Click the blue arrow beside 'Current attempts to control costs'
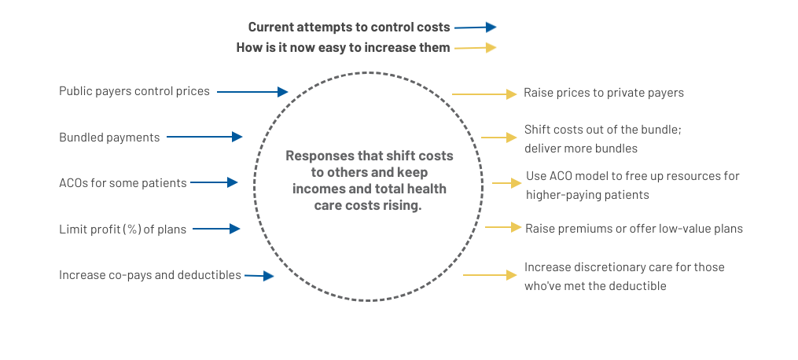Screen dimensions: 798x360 click(x=476, y=28)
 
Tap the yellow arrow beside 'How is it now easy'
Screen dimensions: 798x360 click(x=476, y=48)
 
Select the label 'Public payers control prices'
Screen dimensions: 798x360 click(x=134, y=91)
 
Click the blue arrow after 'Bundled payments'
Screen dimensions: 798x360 click(x=204, y=137)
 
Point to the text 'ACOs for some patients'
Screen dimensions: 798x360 click(x=123, y=183)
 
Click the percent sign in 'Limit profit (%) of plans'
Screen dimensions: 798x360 click(x=134, y=230)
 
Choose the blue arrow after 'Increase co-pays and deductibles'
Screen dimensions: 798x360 click(x=259, y=276)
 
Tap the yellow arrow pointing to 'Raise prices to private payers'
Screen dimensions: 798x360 click(x=484, y=94)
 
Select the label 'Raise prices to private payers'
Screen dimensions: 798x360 click(x=604, y=93)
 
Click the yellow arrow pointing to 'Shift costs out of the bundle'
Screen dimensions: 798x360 click(x=498, y=138)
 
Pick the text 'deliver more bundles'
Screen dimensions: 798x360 click(x=581, y=149)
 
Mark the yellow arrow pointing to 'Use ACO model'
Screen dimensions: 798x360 click(x=507, y=182)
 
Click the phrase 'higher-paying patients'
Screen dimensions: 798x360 click(x=587, y=195)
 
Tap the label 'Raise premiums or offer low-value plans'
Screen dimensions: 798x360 click(x=634, y=229)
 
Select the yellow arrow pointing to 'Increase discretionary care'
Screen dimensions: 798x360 click(x=490, y=275)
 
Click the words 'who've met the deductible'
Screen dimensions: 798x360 click(x=595, y=286)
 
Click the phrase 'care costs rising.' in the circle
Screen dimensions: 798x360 click(x=368, y=206)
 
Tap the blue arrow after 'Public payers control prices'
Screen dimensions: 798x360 click(x=252, y=92)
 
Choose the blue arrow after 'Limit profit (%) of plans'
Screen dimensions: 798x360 click(x=216, y=229)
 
